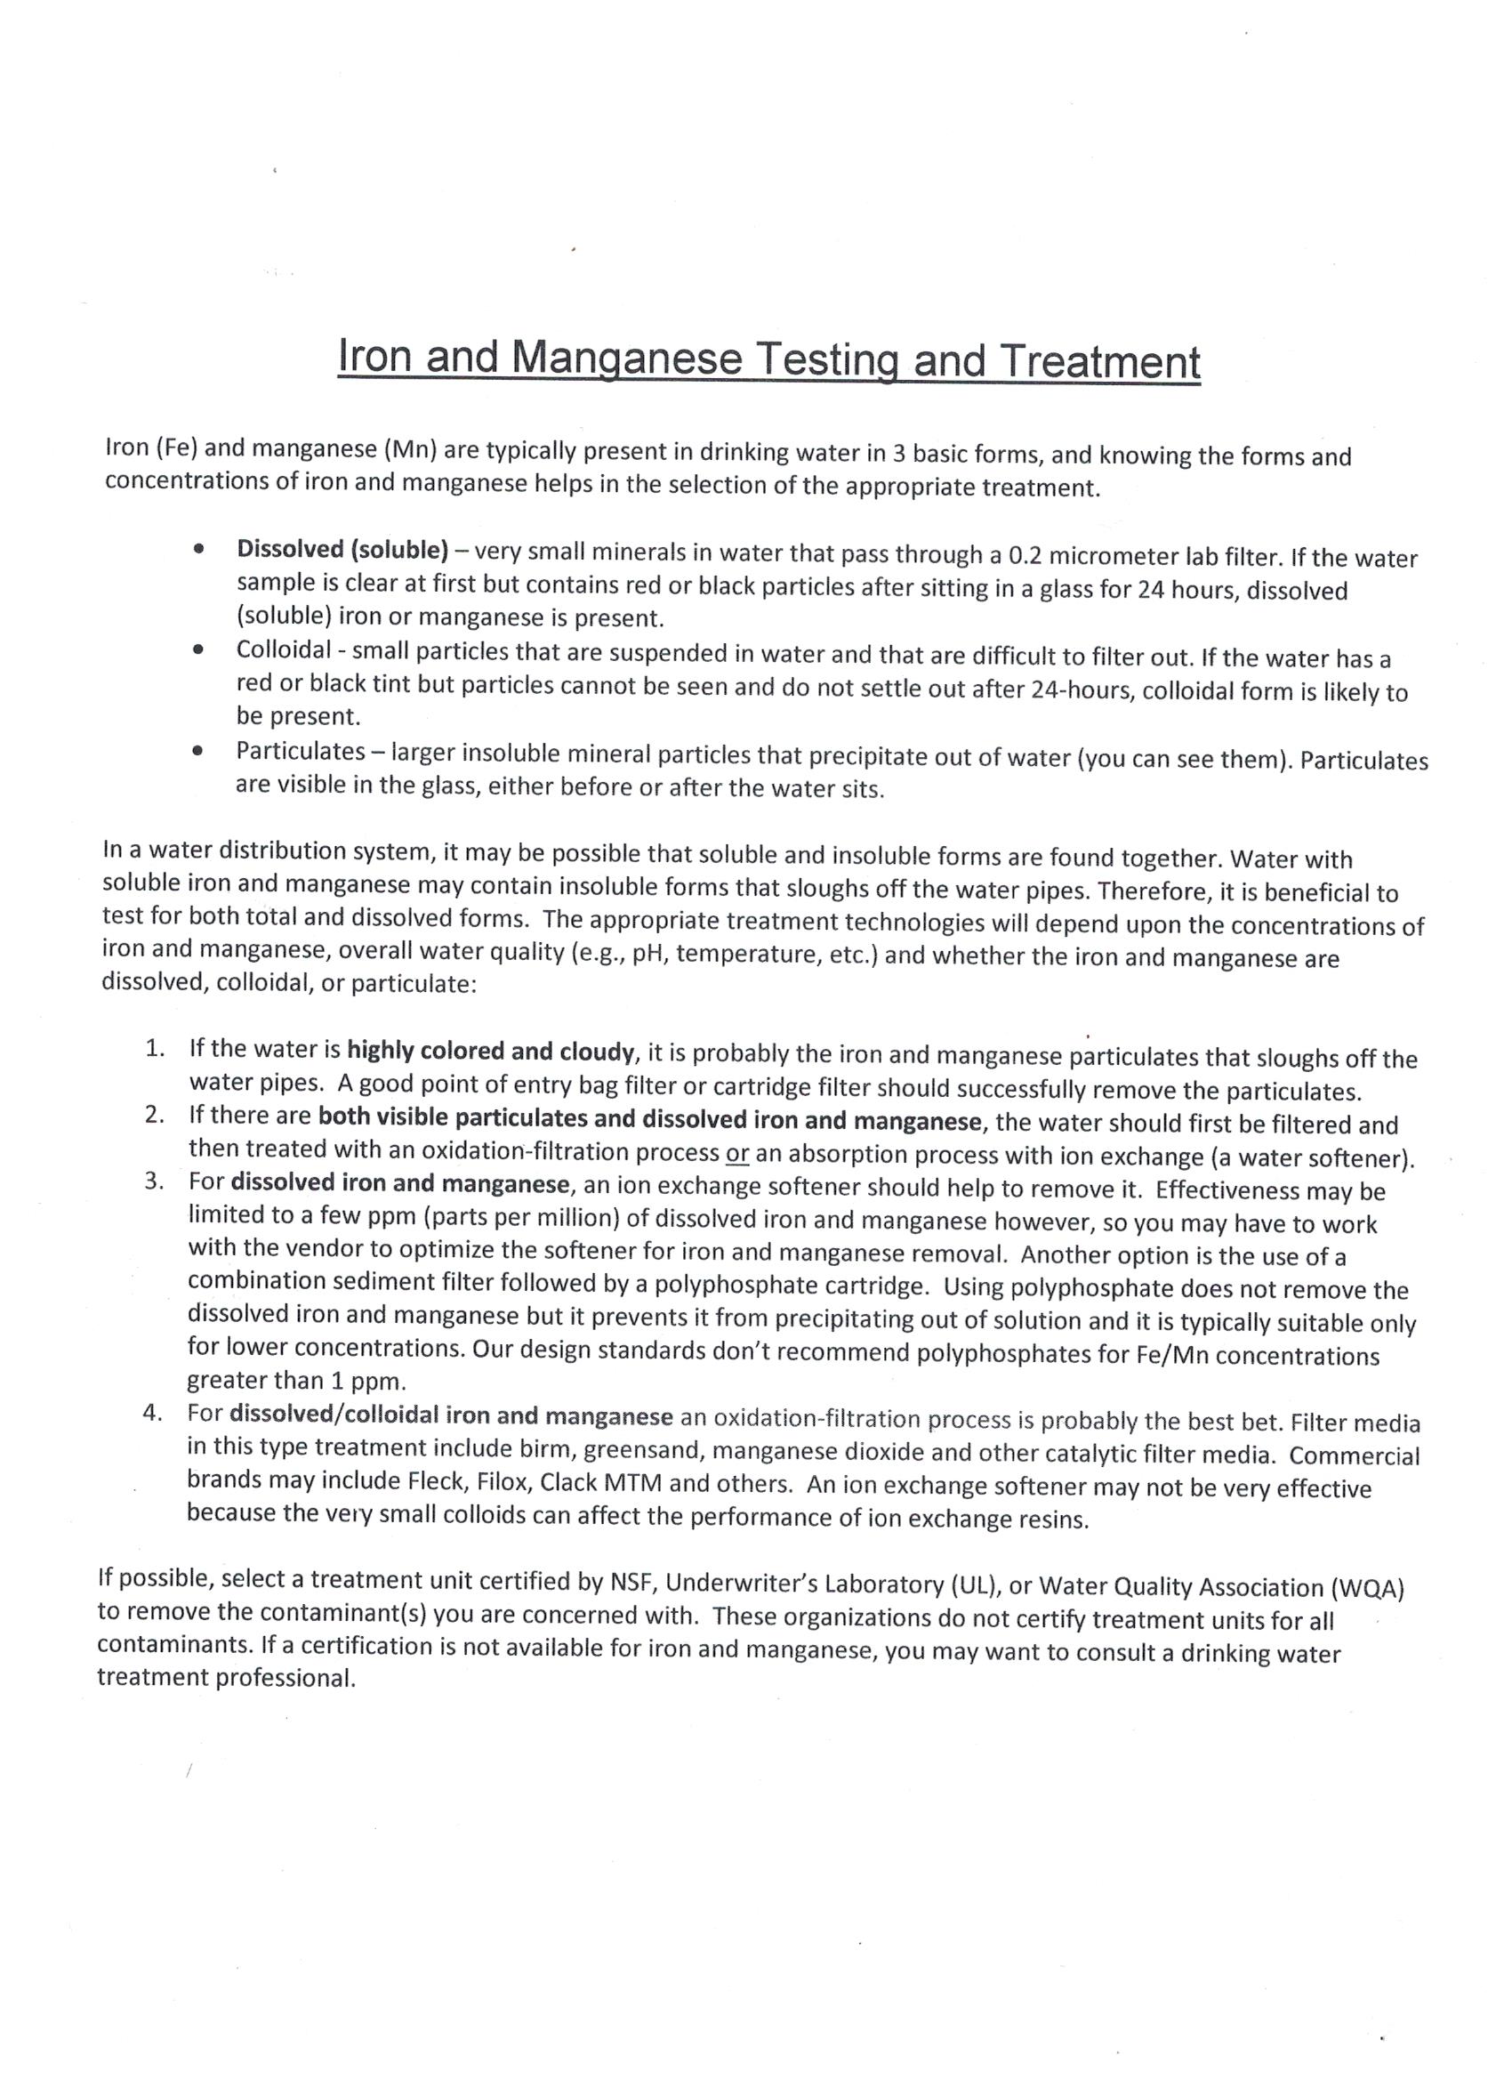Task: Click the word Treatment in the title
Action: [x=1098, y=362]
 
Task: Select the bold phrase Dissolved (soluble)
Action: [x=342, y=549]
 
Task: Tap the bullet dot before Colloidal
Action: [x=197, y=649]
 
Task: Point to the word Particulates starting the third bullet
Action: [x=300, y=751]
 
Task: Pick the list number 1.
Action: [x=154, y=1048]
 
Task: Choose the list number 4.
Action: [x=153, y=1413]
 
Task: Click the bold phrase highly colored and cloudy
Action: [x=491, y=1051]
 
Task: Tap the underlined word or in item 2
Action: [x=737, y=1154]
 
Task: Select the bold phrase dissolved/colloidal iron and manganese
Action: [x=451, y=1415]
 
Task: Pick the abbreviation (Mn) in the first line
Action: [x=413, y=449]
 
